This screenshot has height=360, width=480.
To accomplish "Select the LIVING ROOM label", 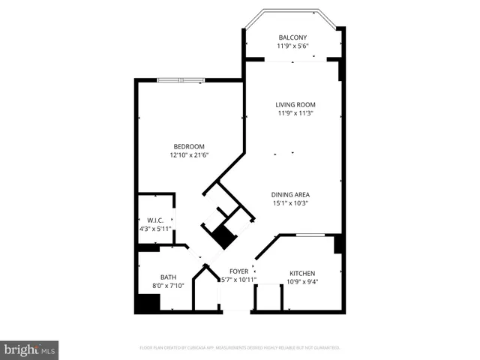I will [295, 105].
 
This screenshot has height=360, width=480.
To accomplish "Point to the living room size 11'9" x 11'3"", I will [295, 114].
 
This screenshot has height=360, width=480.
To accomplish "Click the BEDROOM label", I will [188, 147].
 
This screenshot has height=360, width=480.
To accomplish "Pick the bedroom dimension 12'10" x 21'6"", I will [188, 156].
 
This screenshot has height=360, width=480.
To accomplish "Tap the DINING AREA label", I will [290, 194].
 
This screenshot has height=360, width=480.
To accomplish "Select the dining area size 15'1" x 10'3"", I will [290, 203].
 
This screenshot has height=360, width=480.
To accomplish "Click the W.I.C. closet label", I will [154, 220].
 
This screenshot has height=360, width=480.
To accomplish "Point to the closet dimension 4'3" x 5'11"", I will [155, 229].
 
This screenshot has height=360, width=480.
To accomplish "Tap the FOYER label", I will [238, 271].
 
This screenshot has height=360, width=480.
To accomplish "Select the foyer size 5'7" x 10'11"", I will [238, 280].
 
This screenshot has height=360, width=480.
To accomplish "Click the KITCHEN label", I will [302, 274].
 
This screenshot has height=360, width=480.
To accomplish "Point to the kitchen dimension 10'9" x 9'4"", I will [302, 283].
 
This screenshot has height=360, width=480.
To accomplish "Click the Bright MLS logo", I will [29, 349].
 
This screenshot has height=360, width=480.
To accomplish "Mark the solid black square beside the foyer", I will [223, 236].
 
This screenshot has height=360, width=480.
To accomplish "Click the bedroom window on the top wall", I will [180, 79].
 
